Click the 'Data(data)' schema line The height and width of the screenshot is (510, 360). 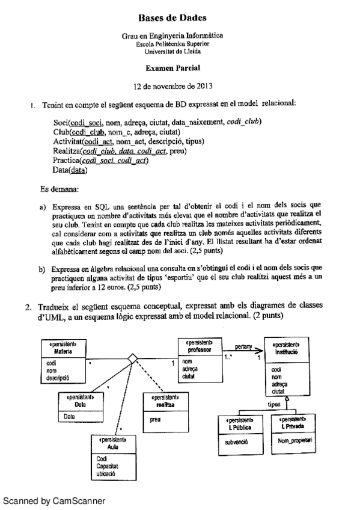click(x=70, y=171)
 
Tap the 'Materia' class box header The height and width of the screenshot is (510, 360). click(x=60, y=348)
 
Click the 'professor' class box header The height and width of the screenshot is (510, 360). click(x=197, y=346)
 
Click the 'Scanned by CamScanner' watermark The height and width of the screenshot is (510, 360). click(x=53, y=500)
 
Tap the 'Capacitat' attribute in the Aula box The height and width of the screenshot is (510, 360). click(x=108, y=465)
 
